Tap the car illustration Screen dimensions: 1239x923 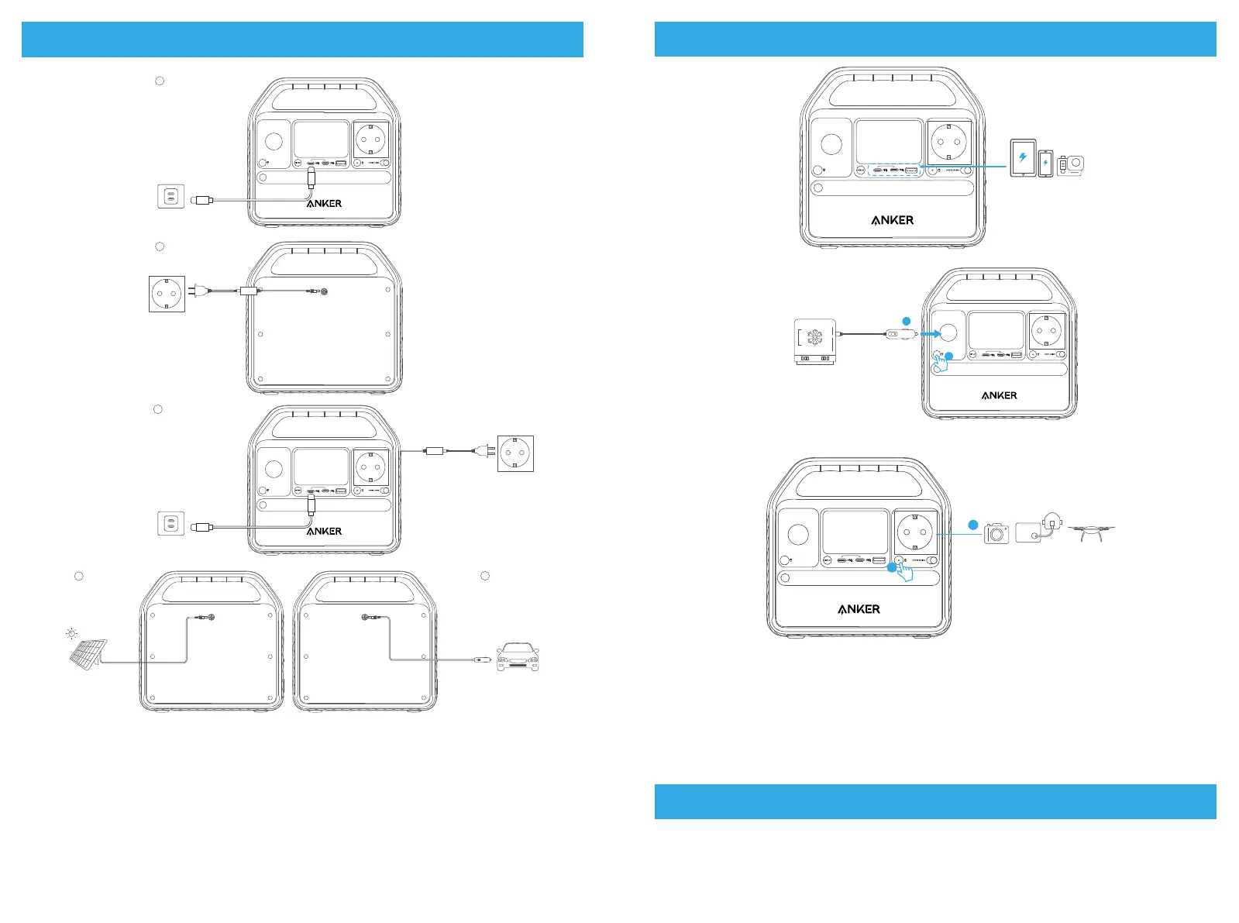[518, 656]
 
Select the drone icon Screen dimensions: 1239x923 [1091, 532]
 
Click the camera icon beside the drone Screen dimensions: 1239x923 [996, 533]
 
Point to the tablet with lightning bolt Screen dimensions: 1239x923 [1023, 158]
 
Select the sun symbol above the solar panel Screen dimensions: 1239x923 [72, 634]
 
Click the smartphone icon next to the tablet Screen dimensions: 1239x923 [1045, 164]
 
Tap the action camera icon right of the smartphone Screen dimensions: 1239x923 [1071, 165]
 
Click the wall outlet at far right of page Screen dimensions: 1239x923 [515, 453]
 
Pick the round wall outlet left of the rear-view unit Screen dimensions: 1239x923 [167, 294]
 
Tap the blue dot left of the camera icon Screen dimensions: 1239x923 [973, 525]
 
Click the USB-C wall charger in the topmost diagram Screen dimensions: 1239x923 [171, 196]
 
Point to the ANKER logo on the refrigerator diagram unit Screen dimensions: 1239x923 [999, 395]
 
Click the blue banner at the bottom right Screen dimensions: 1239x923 [934, 801]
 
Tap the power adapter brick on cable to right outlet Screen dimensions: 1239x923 [435, 450]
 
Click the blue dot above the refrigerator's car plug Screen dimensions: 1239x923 [906, 320]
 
